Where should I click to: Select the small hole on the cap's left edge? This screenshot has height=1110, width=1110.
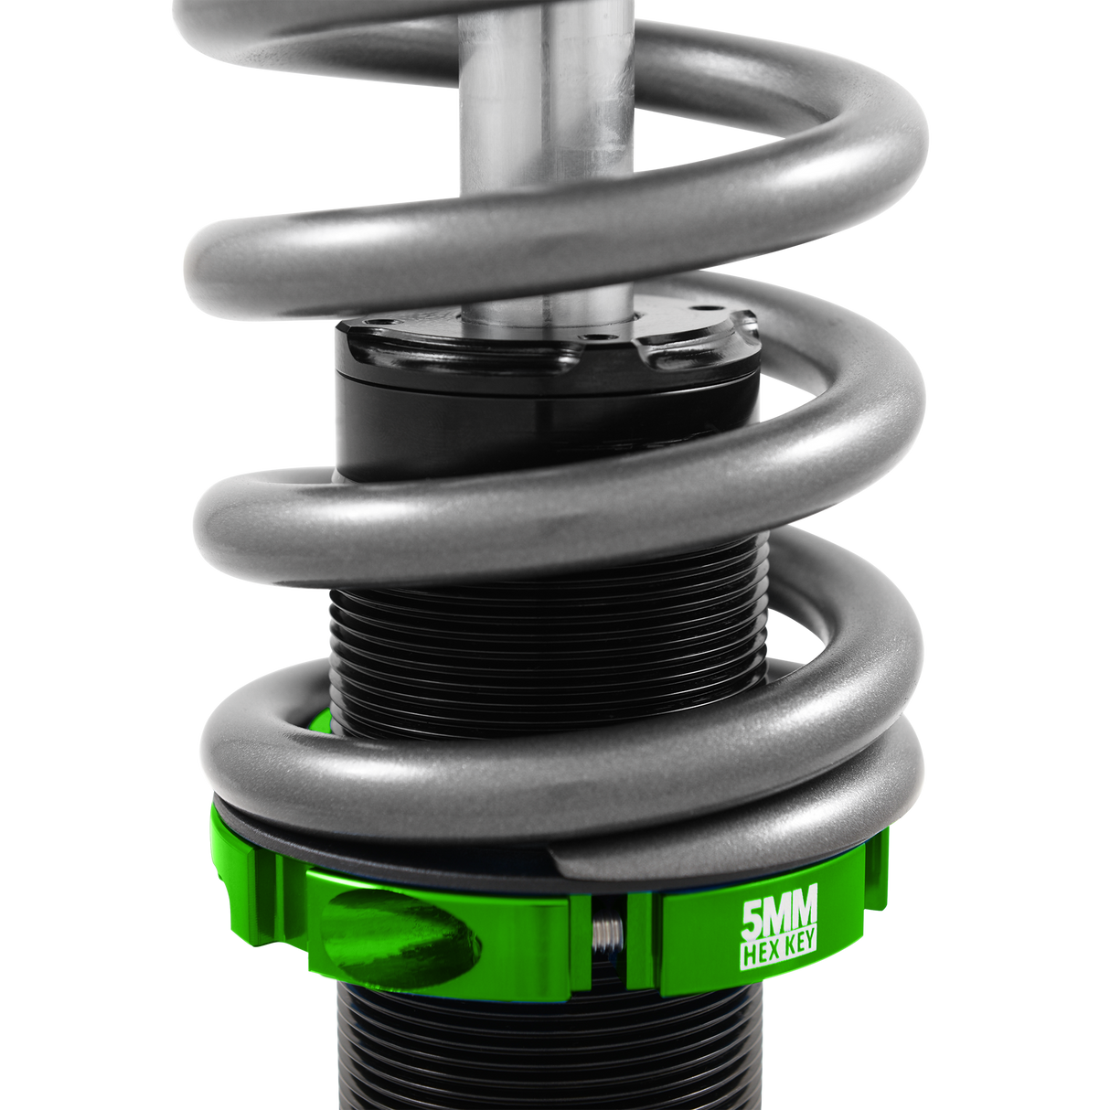[384, 322]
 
